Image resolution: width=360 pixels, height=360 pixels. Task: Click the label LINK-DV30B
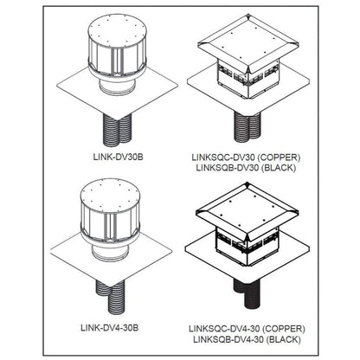(x=116, y=157)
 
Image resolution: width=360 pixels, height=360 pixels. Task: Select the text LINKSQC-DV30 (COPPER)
(x=242, y=157)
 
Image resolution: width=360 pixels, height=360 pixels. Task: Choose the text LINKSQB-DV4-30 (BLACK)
(x=244, y=340)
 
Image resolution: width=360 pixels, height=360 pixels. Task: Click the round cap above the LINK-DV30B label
(x=115, y=48)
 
